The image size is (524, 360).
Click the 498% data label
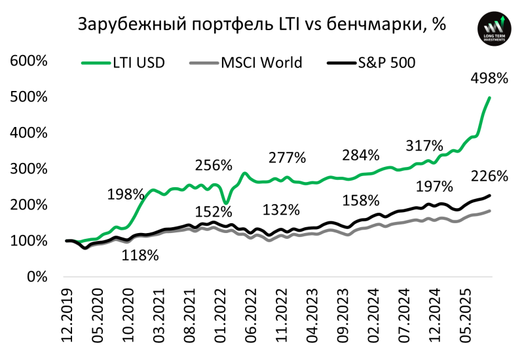pos(489,79)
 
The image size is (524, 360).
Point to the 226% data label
pos(489,176)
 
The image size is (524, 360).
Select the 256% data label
pos(214,164)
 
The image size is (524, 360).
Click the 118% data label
pos(140,255)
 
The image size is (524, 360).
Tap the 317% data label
pos(424,145)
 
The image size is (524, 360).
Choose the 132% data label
pos(281,210)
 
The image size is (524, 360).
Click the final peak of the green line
pos(490,98)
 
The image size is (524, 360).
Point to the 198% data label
pos(126,194)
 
